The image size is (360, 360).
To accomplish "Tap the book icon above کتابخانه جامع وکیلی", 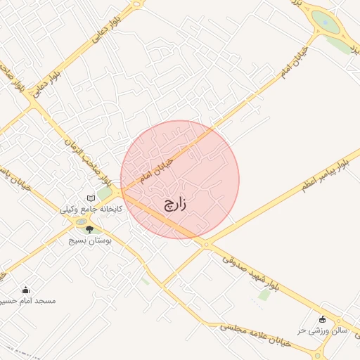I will point(91,199).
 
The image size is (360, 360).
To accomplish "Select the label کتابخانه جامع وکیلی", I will point(90,210).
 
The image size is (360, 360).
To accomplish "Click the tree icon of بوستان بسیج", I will point(89,229).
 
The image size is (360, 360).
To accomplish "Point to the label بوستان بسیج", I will point(86,240).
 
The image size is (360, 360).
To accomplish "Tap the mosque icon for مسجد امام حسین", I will point(26,290).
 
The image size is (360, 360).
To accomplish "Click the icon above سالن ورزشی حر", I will point(323,319).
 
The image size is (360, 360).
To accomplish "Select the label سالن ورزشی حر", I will point(323,329).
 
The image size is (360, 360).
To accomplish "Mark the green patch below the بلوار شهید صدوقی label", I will point(264,295).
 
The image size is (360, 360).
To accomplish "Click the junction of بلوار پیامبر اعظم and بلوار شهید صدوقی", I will point(205,245).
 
